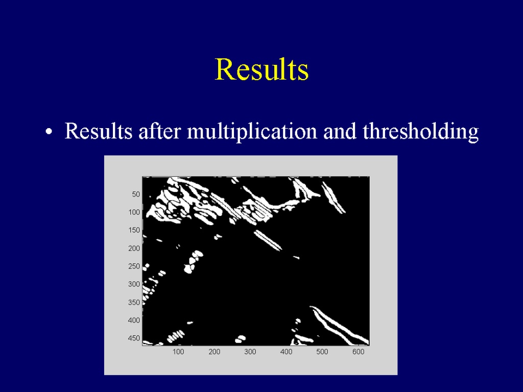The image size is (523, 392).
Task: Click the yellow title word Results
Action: click(262, 69)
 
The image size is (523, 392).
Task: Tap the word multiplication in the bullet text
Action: click(252, 131)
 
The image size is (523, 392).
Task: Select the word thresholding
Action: click(421, 131)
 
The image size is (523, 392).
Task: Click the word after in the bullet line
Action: click(159, 131)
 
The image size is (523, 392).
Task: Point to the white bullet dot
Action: click(49, 132)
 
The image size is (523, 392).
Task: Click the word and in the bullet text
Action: click(340, 131)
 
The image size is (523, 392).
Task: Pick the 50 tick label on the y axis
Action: click(136, 194)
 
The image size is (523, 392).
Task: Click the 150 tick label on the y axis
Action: click(134, 230)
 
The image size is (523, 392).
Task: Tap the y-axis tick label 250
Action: click(134, 266)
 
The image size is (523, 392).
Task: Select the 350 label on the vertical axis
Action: click(134, 302)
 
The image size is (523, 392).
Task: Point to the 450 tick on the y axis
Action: click(134, 338)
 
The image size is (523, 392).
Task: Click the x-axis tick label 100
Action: click(178, 352)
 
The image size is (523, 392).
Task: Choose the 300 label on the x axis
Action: click(250, 352)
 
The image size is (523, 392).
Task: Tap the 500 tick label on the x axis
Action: click(322, 352)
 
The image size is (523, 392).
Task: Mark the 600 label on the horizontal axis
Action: click(358, 352)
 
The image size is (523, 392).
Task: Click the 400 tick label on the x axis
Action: click(286, 352)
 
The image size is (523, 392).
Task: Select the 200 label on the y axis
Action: click(134, 249)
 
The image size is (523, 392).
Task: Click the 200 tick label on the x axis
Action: click(214, 352)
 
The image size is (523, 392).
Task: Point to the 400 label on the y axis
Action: click(134, 321)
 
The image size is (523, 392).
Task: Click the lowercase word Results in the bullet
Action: click(99, 131)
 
